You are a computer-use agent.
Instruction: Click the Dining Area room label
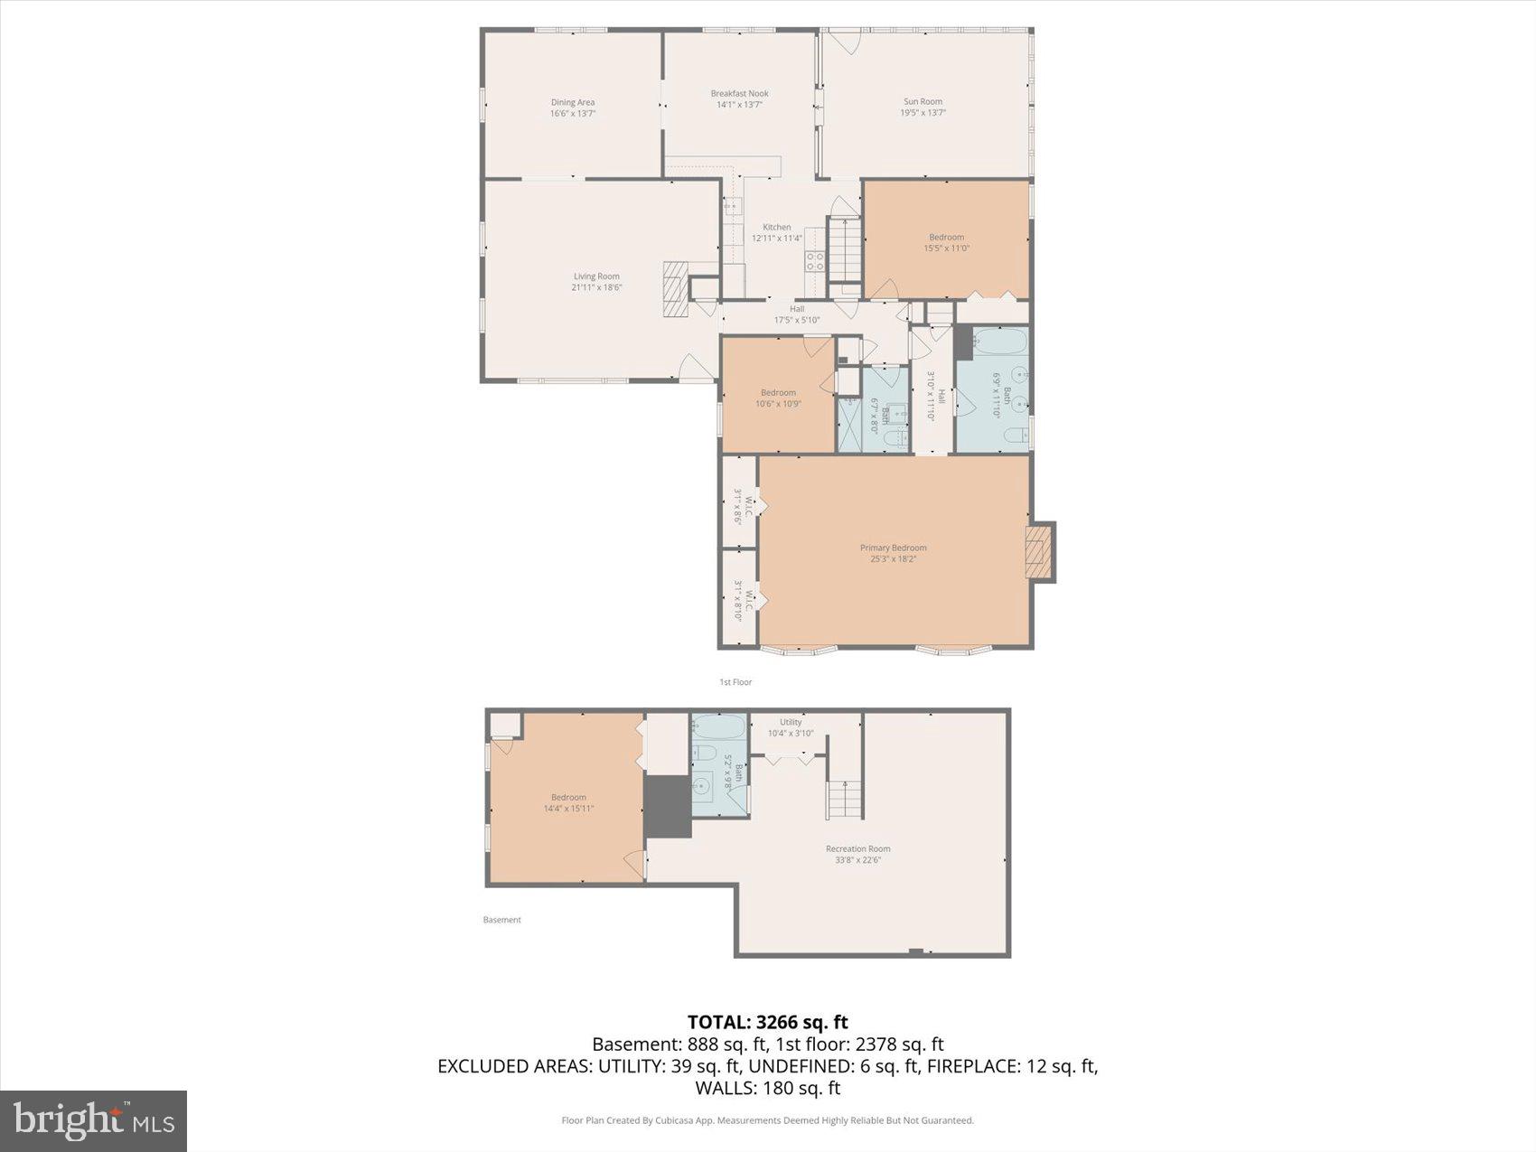pyautogui.click(x=573, y=103)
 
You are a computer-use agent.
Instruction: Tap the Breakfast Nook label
pyautogui.click(x=739, y=94)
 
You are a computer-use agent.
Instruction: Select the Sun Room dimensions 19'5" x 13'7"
pyautogui.click(x=923, y=113)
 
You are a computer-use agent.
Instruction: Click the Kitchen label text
pyautogui.click(x=776, y=228)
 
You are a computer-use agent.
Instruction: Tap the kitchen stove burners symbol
pyautogui.click(x=815, y=261)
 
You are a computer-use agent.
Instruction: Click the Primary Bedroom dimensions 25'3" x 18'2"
pyautogui.click(x=893, y=559)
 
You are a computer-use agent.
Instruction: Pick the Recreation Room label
pyautogui.click(x=857, y=849)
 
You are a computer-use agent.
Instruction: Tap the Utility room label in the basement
pyautogui.click(x=791, y=723)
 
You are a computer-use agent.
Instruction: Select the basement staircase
pyautogui.click(x=846, y=800)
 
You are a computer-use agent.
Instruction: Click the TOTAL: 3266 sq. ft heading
pyautogui.click(x=767, y=1022)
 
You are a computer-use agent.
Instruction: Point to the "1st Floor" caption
pyautogui.click(x=735, y=682)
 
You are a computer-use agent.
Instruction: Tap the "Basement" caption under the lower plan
pyautogui.click(x=501, y=920)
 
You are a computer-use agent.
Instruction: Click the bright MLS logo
pyautogui.click(x=94, y=1120)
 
